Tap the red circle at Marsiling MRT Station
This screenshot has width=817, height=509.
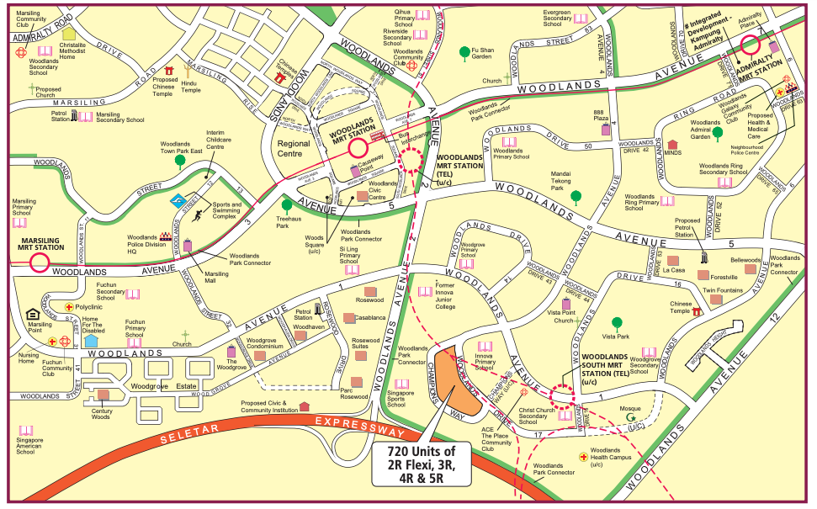pyautogui.click(x=39, y=263)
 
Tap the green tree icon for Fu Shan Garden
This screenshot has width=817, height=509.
pyautogui.click(x=464, y=52)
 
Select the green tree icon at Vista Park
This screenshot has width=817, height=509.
pyautogui.click(x=618, y=322)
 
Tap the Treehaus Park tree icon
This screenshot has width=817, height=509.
pyautogui.click(x=288, y=204)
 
